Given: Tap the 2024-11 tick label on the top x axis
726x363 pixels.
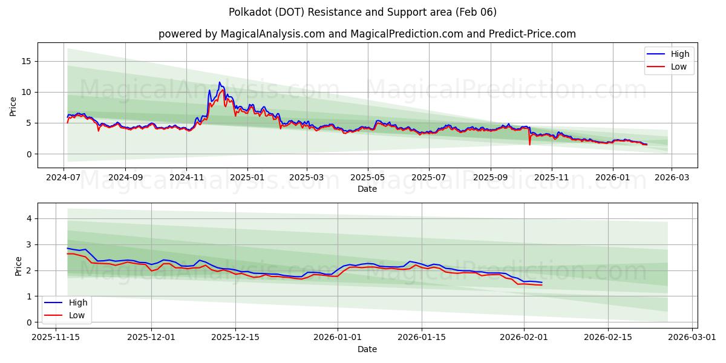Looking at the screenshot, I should pyautogui.click(x=186, y=178).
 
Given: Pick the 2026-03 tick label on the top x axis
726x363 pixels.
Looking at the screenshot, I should pyautogui.click(x=672, y=178).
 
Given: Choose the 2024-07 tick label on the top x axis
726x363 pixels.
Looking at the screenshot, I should pyautogui.click(x=64, y=178).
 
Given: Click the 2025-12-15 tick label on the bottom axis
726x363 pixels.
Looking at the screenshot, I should pyautogui.click(x=234, y=336).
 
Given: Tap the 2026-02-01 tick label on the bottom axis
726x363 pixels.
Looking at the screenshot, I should pyautogui.click(x=524, y=336).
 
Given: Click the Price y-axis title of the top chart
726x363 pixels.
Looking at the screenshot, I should pyautogui.click(x=13, y=105).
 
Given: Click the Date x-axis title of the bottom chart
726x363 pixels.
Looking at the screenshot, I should pyautogui.click(x=367, y=349).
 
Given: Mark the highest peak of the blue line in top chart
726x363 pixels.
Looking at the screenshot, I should pyautogui.click(x=220, y=82).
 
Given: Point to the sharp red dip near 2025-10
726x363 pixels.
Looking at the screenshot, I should pyautogui.click(x=529, y=145).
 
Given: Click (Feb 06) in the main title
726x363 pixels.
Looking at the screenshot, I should pyautogui.click(x=477, y=12).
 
